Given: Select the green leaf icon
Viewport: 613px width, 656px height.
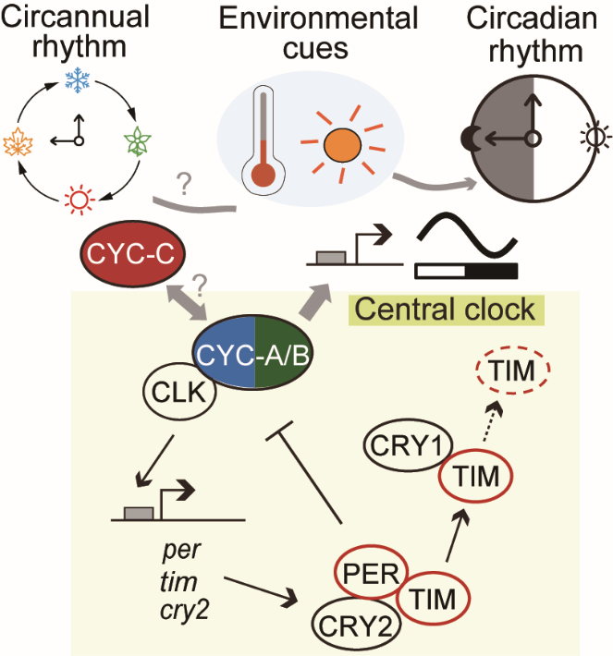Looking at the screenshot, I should coord(136,141).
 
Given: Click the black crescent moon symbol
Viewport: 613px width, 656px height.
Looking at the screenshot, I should coord(481,139).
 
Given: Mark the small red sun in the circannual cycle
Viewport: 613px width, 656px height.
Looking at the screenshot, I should coord(78,196).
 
